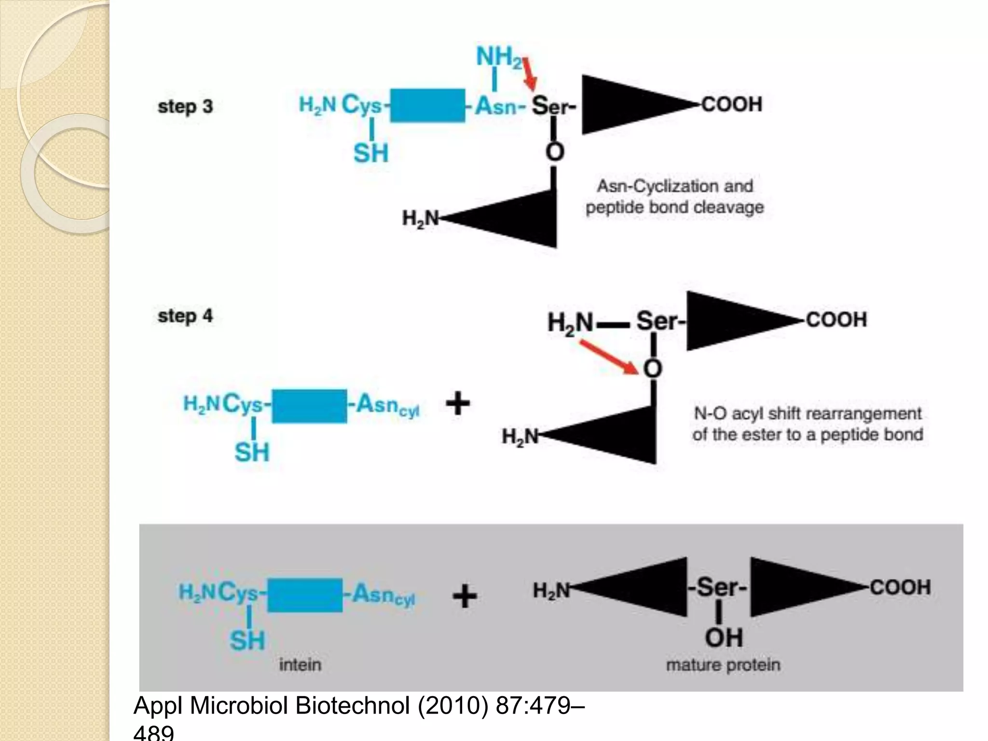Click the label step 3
click(185, 107)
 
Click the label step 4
click(185, 316)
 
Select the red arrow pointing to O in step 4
click(610, 357)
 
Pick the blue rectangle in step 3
click(427, 105)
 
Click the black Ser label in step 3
click(551, 106)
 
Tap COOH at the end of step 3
click(732, 104)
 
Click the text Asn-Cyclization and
click(675, 186)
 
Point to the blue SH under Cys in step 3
click(371, 153)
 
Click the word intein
click(300, 665)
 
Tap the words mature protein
click(723, 665)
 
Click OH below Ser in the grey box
click(724, 638)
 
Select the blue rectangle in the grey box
click(305, 595)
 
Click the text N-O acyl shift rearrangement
click(808, 413)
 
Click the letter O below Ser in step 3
click(554, 152)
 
